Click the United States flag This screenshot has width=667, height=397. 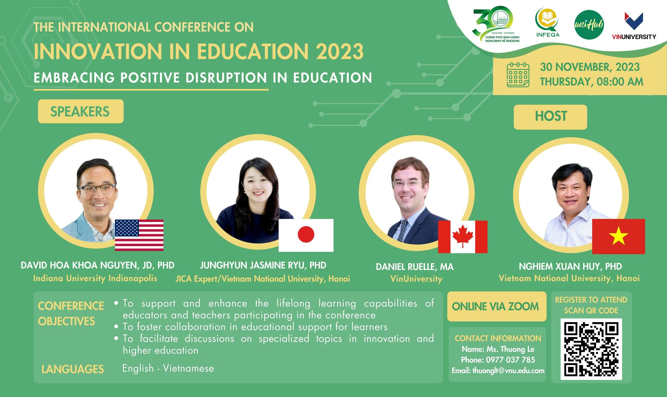coord(139,235)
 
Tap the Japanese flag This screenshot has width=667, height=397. coord(306,235)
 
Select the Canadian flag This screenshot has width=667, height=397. coord(462,237)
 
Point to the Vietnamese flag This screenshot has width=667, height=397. coord(618,236)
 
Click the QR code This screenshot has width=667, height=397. coord(591,349)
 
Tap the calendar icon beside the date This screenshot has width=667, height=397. coord(518,75)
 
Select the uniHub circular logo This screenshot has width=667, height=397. coord(589,24)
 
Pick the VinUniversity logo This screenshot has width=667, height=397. coord(634,26)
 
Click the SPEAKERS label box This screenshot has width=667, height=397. coord(81,111)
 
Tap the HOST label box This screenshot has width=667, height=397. coord(550,117)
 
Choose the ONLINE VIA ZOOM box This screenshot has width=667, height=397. coord(497,306)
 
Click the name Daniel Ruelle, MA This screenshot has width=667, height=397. coord(415,267)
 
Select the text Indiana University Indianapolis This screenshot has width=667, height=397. coord(95,278)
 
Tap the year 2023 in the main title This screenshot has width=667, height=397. coord(340,51)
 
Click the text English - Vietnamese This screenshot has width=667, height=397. coord(168,368)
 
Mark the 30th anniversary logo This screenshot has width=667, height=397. coord(496,24)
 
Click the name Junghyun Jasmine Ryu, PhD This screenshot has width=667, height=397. coord(263,265)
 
